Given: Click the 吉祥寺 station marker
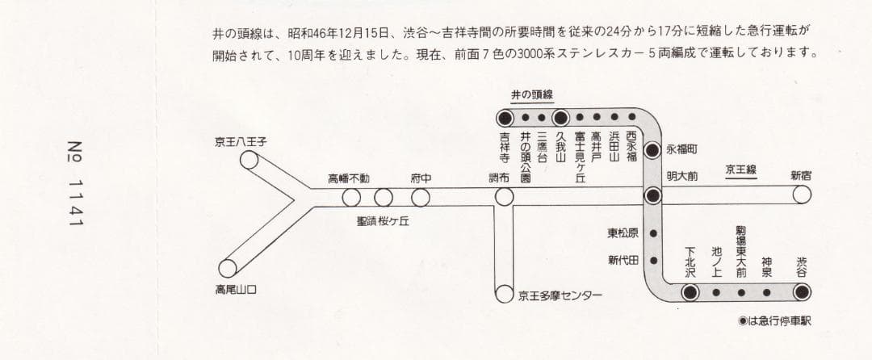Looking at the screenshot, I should click(505, 117).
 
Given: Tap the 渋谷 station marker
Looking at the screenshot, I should click(802, 292).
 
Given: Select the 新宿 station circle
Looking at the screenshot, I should click(802, 195).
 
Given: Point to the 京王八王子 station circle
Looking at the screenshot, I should click(249, 160).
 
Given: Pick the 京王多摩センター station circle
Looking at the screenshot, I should click(505, 295).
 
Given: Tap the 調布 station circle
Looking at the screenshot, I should click(505, 196).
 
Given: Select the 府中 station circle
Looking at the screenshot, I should click(421, 197).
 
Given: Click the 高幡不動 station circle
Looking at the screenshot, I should click(351, 197).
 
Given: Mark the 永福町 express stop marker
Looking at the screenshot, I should click(653, 151).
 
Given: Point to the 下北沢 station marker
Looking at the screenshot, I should click(690, 292).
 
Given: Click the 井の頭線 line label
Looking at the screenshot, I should click(532, 94).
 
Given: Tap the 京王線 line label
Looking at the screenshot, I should click(740, 170).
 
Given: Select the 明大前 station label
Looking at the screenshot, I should click(682, 175).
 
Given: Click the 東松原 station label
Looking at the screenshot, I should click(623, 234).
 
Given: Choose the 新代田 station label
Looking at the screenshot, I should click(623, 260).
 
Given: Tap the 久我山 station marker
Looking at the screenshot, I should click(561, 117).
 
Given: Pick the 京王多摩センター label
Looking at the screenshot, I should click(560, 295).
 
